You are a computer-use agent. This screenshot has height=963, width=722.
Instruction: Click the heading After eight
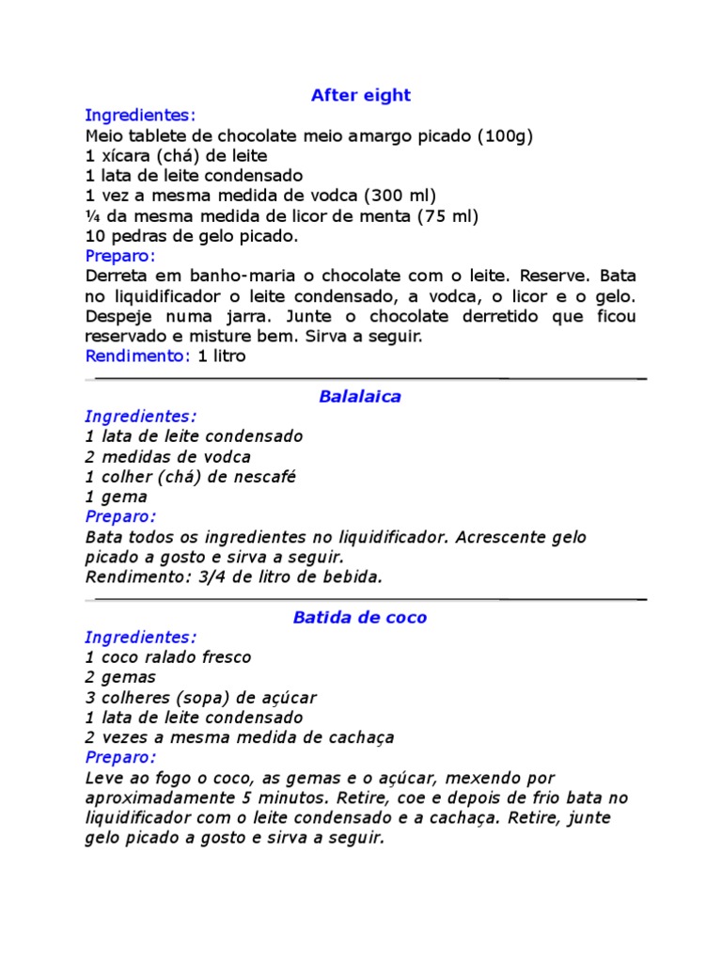(361, 95)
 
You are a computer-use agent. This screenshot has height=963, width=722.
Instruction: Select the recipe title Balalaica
(360, 396)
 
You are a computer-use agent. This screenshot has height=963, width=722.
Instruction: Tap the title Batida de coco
(360, 617)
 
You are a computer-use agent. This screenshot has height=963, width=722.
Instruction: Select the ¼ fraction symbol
(91, 215)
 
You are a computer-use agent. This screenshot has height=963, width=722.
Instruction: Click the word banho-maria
(216, 276)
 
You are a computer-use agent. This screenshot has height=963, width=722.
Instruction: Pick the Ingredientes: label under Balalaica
(141, 416)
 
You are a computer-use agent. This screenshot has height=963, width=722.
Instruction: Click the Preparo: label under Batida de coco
(120, 757)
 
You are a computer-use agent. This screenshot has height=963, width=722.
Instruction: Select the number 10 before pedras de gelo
(94, 235)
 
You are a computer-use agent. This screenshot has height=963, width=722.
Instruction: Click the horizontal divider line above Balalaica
(366, 378)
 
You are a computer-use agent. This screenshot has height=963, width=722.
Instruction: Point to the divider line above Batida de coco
(366, 598)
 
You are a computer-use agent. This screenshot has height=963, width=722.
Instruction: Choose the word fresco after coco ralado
(223, 656)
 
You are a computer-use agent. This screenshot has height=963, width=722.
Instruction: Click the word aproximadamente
(152, 797)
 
